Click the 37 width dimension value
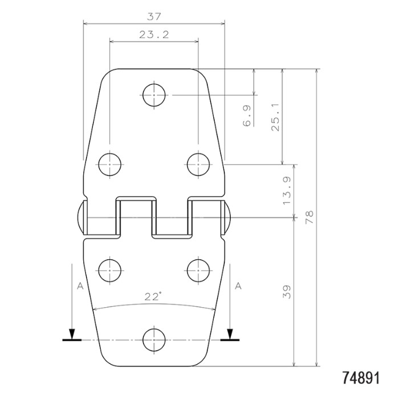(x=154, y=17)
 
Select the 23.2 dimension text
(x=154, y=35)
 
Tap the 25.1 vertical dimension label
(x=275, y=117)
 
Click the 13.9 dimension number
(x=287, y=191)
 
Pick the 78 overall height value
(x=310, y=217)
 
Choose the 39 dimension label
(x=287, y=292)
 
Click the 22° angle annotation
(x=153, y=296)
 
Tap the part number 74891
(x=361, y=378)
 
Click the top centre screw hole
(x=154, y=95)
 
